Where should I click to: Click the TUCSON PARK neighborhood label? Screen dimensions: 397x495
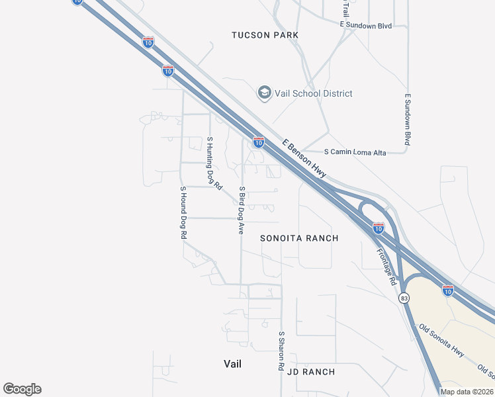click(x=265, y=34)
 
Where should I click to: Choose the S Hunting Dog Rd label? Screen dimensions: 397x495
click(x=213, y=163)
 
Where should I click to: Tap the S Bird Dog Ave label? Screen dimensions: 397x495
click(x=242, y=211)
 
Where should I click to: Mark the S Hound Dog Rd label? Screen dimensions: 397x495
click(x=183, y=212)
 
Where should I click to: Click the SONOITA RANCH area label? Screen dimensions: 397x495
click(x=299, y=238)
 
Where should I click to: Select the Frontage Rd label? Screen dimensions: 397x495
click(x=387, y=267)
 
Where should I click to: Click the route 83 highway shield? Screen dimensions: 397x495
click(x=404, y=298)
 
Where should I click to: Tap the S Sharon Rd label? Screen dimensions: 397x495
click(x=281, y=351)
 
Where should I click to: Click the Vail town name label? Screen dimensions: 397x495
click(x=232, y=364)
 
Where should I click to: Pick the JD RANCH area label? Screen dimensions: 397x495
click(x=311, y=372)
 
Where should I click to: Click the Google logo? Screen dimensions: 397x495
click(x=22, y=389)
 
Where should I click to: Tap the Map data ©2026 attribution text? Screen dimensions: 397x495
click(x=467, y=392)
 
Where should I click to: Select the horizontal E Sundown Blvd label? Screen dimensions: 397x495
click(x=366, y=25)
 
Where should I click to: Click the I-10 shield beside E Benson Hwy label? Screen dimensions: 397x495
click(x=259, y=142)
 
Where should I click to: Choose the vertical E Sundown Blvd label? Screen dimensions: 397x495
click(x=408, y=119)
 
